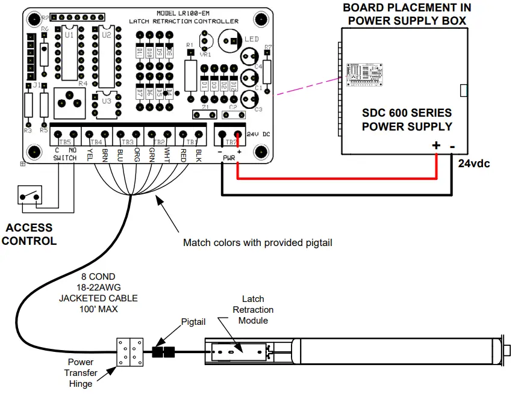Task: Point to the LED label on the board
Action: click(x=252, y=39)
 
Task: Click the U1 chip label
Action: click(x=69, y=35)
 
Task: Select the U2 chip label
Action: click(x=107, y=35)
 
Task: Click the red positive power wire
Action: click(x=337, y=178)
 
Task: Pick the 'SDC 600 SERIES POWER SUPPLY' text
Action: click(x=407, y=120)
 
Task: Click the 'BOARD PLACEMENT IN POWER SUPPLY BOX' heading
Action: click(x=407, y=15)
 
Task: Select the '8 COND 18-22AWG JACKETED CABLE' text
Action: click(x=98, y=293)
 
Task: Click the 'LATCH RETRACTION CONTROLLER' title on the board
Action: click(x=184, y=21)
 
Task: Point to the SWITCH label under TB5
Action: click(x=65, y=158)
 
